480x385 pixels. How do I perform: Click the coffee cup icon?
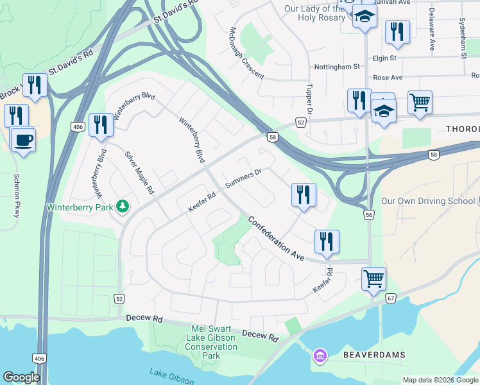pos(23,139)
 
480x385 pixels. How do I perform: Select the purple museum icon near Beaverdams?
pos(319,354)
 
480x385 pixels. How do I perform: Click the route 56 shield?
pos(369,214)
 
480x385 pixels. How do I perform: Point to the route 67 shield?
pos(391,298)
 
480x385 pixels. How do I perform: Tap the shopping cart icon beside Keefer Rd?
pos(373,279)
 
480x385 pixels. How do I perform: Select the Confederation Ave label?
pos(276,237)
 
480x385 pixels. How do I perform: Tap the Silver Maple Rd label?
pos(140,173)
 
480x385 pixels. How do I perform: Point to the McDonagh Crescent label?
pos(247,53)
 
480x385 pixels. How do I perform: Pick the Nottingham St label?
pos(336,67)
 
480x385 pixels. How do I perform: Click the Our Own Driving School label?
pos(427,201)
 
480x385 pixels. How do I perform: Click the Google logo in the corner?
pos(21,377)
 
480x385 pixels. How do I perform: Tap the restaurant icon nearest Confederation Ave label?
pos(327,241)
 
